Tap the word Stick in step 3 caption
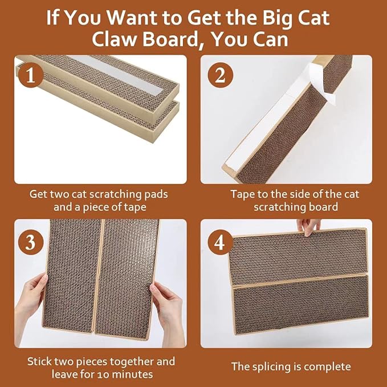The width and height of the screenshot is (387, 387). click(x=40, y=361)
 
